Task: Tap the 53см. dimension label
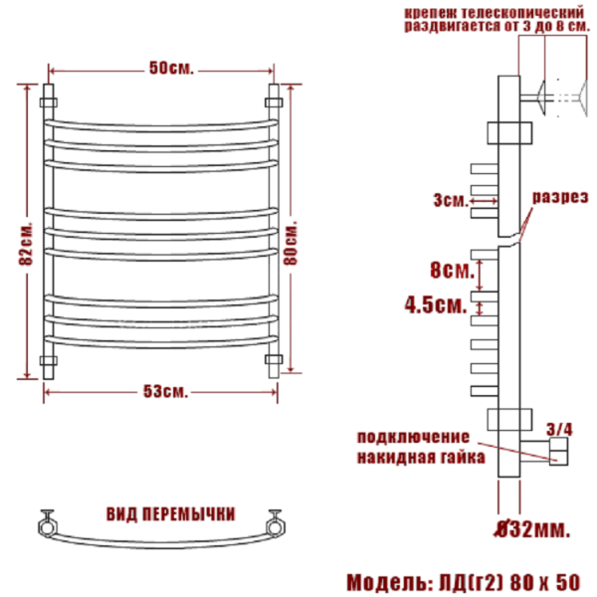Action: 165,391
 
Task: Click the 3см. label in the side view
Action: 451,200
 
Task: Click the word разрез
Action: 557,196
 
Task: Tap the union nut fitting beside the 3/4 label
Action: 557,454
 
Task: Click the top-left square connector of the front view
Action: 47,100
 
